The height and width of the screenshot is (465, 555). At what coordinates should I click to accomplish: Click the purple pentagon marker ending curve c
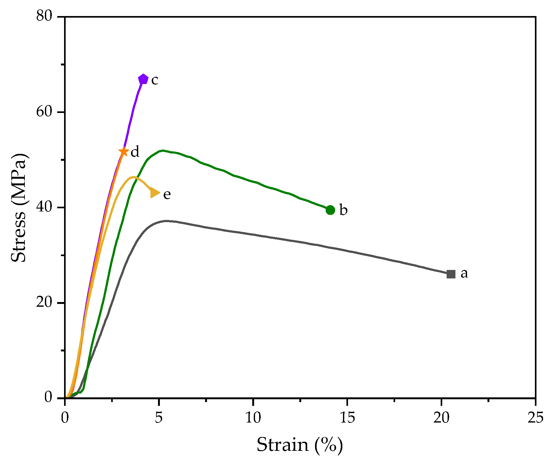click(x=143, y=79)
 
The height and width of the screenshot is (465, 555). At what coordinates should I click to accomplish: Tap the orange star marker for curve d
click(x=124, y=152)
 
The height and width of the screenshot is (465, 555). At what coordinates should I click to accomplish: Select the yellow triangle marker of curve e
click(x=155, y=193)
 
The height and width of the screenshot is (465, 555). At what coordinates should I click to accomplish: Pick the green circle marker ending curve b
click(x=330, y=210)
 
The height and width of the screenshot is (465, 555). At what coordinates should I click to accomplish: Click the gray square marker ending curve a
click(x=451, y=274)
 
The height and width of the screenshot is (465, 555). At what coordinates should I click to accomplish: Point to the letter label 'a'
click(x=464, y=273)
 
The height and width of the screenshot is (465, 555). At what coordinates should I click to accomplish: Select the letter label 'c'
click(x=155, y=80)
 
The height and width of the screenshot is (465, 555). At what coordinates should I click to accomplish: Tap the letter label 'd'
click(x=135, y=152)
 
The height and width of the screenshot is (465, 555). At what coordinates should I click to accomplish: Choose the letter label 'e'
click(x=167, y=194)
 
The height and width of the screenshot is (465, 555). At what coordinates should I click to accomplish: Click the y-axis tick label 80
click(x=44, y=16)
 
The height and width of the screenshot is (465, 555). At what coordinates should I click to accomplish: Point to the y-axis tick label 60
click(x=44, y=112)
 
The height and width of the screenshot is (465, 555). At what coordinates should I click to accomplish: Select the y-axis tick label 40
click(x=44, y=207)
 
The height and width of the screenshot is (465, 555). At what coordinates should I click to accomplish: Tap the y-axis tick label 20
click(x=44, y=303)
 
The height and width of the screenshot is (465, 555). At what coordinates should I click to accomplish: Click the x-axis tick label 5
click(x=159, y=417)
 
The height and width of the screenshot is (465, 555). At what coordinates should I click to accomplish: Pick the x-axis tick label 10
click(x=253, y=417)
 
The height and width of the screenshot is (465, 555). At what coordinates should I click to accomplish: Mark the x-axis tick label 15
click(x=347, y=417)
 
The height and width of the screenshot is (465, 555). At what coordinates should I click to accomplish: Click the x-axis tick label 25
click(x=535, y=417)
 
